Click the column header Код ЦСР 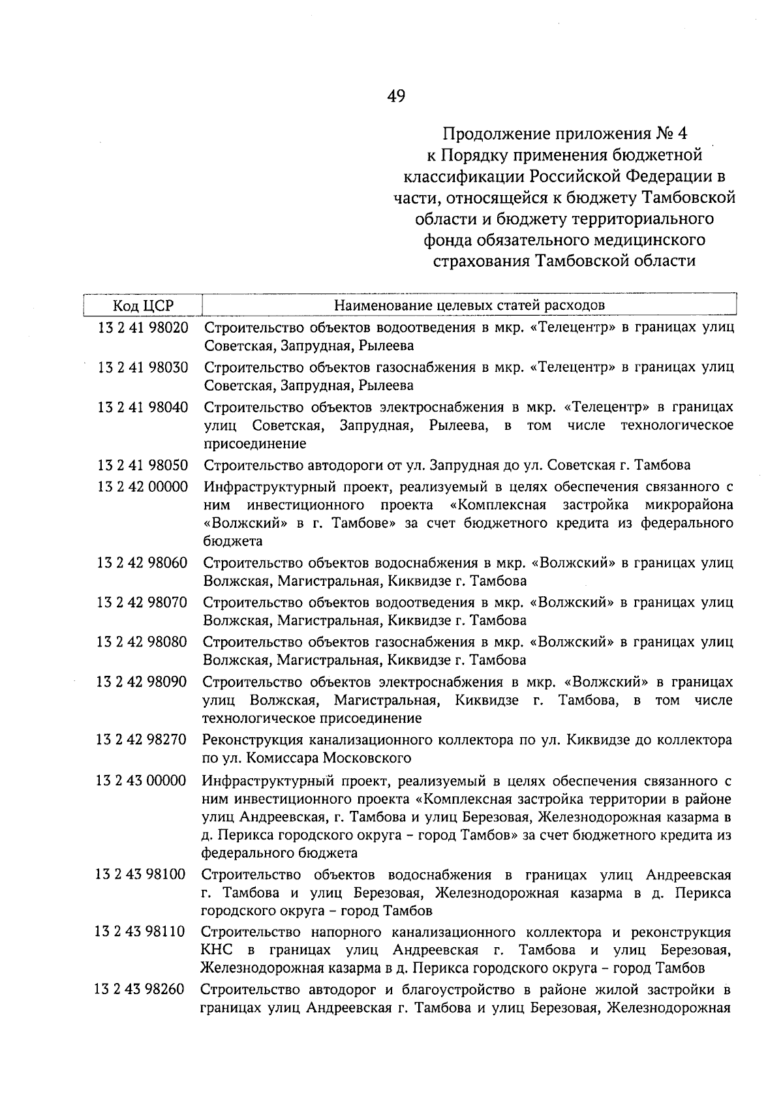tap(144, 305)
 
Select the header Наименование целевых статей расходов tap(469, 305)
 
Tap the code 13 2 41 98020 tap(143, 327)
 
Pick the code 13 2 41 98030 tap(143, 367)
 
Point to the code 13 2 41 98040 tap(143, 408)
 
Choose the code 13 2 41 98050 tap(143, 465)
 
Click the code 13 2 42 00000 tap(142, 487)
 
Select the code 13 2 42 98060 tap(142, 562)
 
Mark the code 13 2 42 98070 tap(142, 602)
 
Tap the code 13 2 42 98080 tap(142, 642)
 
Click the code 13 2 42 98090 tap(142, 682)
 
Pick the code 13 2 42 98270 tap(141, 740)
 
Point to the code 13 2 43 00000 tap(141, 780)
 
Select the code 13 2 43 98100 tap(140, 874)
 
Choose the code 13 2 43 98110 tap(140, 932)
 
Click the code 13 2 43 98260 tap(140, 990)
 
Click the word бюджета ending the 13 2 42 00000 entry tap(233, 541)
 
